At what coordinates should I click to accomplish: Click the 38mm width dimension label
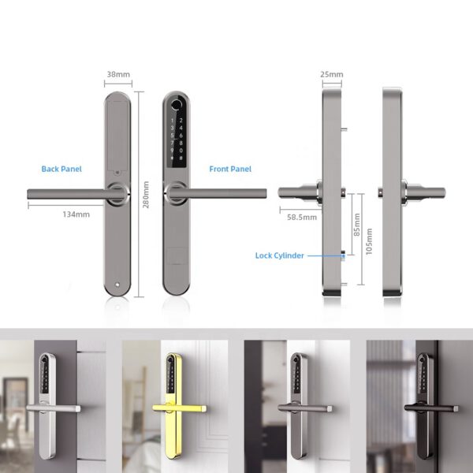pos(118,74)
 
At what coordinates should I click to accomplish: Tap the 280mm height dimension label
pos(146,195)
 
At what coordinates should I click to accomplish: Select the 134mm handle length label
pos(76,214)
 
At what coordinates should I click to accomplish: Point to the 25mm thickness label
pos(332,74)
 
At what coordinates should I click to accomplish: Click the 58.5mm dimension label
pos(302,218)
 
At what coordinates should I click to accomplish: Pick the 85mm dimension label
pos(357,225)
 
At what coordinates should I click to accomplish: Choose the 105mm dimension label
pos(369,241)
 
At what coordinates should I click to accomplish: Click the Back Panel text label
pos(61,169)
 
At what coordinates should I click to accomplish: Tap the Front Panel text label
pos(230,169)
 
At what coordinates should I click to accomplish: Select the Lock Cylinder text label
pos(280,255)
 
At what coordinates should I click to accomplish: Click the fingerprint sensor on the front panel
pos(176,105)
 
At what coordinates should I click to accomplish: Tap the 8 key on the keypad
pos(181,143)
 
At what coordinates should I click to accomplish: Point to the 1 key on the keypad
pos(172,121)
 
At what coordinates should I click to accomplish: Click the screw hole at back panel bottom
pos(117,285)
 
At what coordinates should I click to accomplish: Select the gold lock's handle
pos(180,408)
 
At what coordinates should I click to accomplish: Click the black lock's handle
pos(431,408)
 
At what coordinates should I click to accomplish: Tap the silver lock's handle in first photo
pos(54,408)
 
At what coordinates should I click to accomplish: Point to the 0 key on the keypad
pos(181,151)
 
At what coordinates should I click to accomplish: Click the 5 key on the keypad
pos(172,136)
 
